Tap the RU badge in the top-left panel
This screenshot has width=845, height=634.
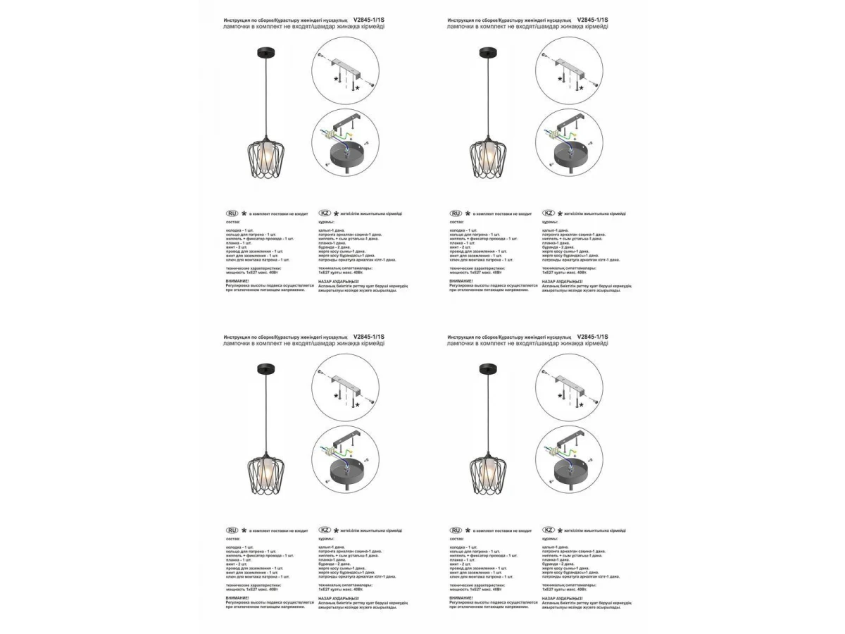click(x=232, y=213)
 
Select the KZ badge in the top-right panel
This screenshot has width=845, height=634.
click(x=549, y=213)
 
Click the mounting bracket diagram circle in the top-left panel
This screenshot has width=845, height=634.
click(x=345, y=71)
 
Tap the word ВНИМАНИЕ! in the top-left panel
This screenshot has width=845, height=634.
click(x=237, y=280)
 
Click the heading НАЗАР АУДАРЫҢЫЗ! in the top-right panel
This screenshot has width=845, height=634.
click(x=562, y=280)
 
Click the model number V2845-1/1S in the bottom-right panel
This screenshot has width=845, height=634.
click(x=592, y=337)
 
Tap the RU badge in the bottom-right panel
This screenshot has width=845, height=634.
click(x=456, y=530)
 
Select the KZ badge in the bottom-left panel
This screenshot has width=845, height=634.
click(x=325, y=530)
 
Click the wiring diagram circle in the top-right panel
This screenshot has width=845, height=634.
click(x=568, y=142)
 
